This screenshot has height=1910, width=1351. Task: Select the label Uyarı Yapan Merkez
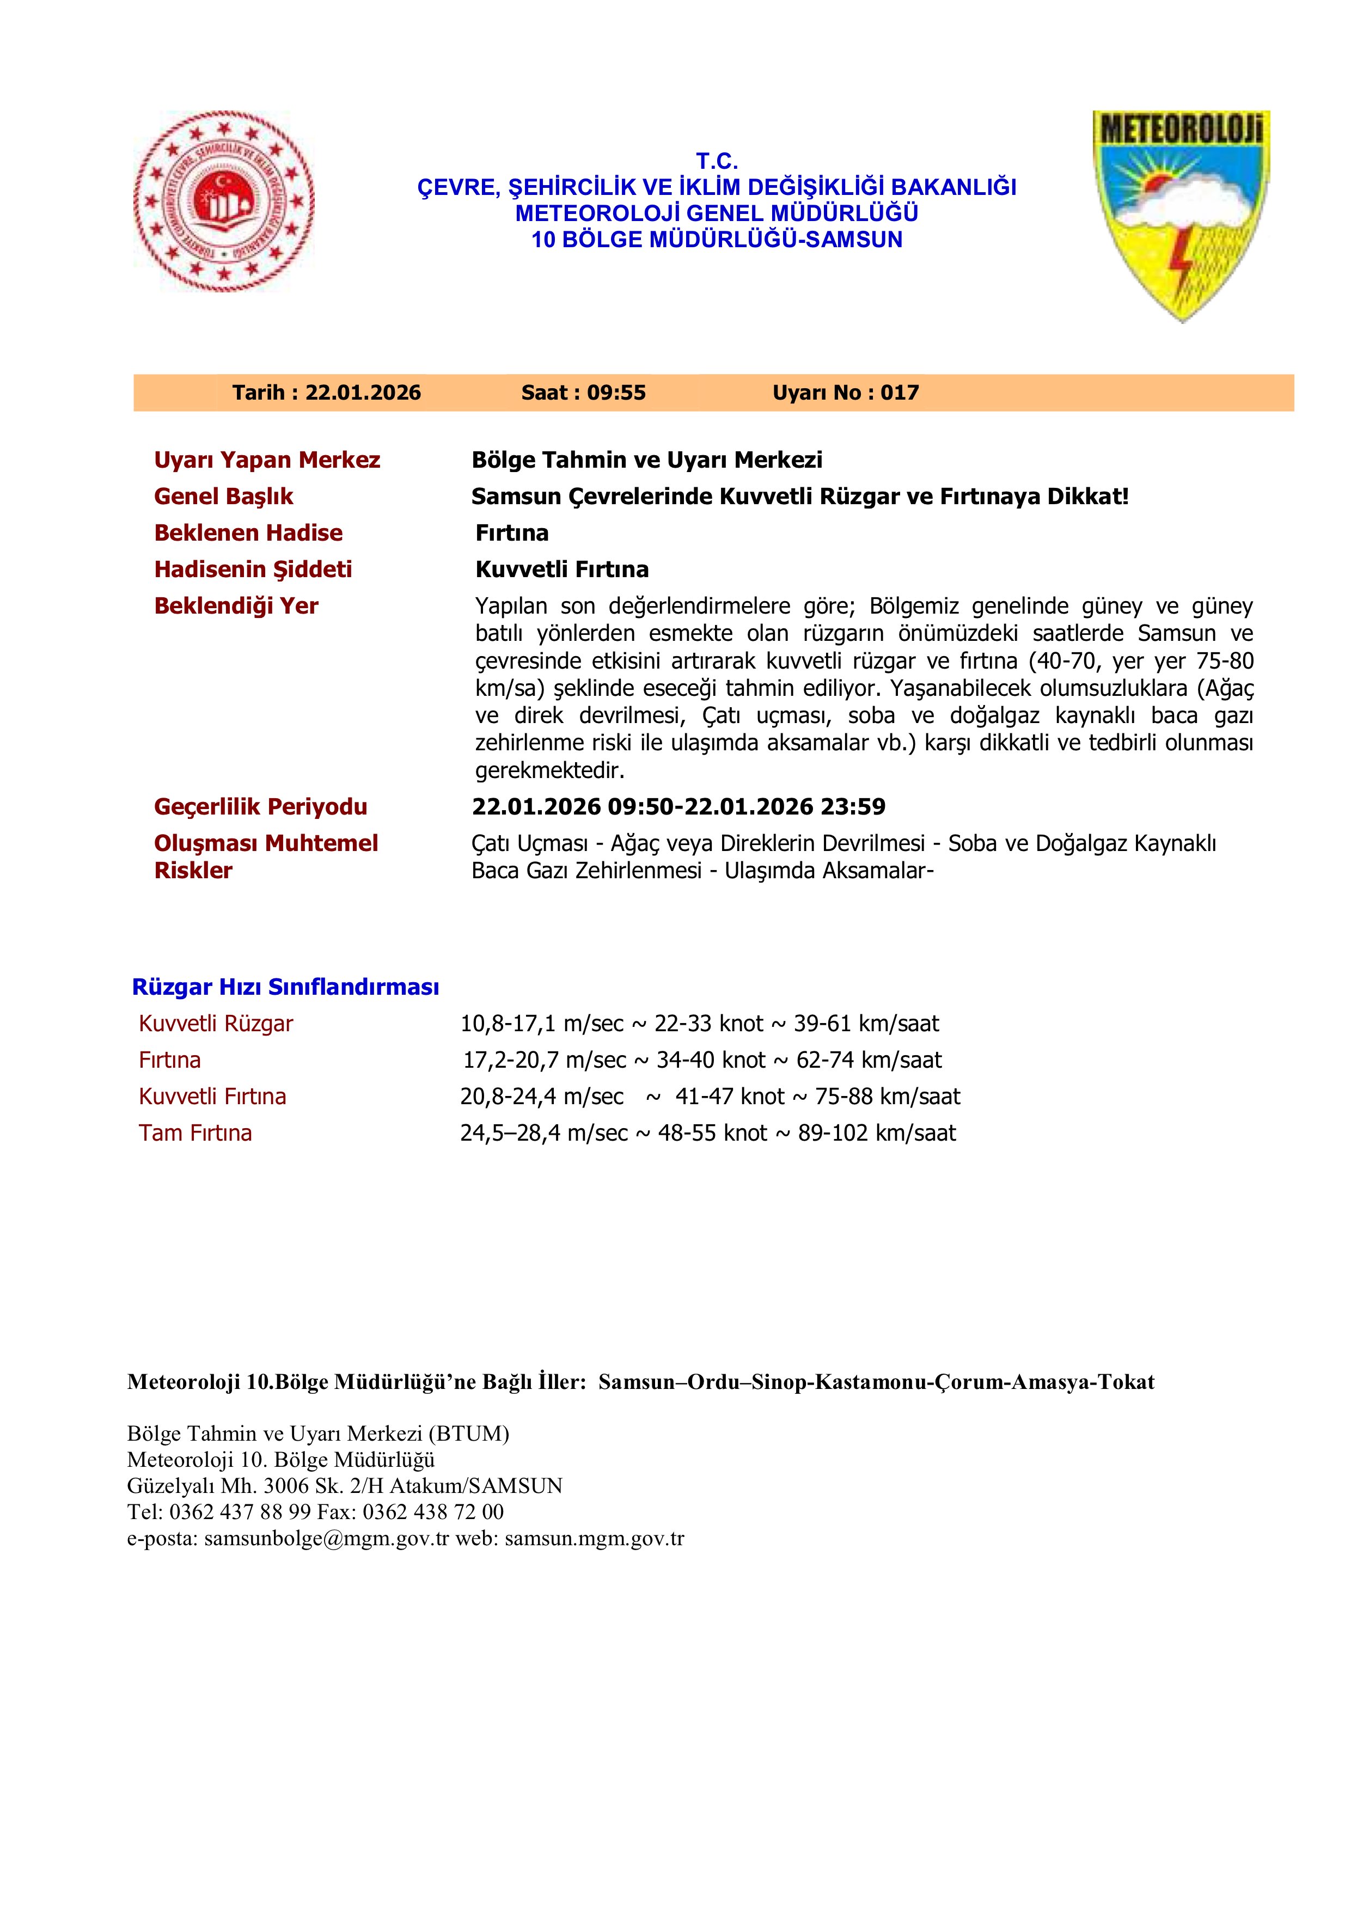pyautogui.click(x=267, y=460)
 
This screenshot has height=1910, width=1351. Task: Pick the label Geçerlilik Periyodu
pyautogui.click(x=260, y=806)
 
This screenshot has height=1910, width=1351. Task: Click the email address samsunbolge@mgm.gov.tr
pyautogui.click(x=326, y=1538)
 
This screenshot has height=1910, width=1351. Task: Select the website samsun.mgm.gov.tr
pyautogui.click(x=594, y=1538)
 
